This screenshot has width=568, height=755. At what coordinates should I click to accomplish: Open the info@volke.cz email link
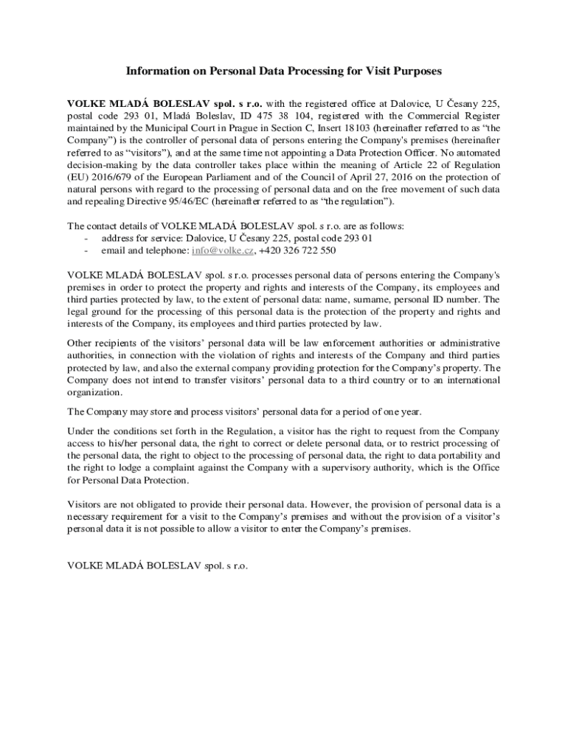(223, 251)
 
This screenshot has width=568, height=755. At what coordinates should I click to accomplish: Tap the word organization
(94, 392)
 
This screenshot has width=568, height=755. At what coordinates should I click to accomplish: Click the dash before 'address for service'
(87, 238)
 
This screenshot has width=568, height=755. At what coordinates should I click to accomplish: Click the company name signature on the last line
(158, 566)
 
